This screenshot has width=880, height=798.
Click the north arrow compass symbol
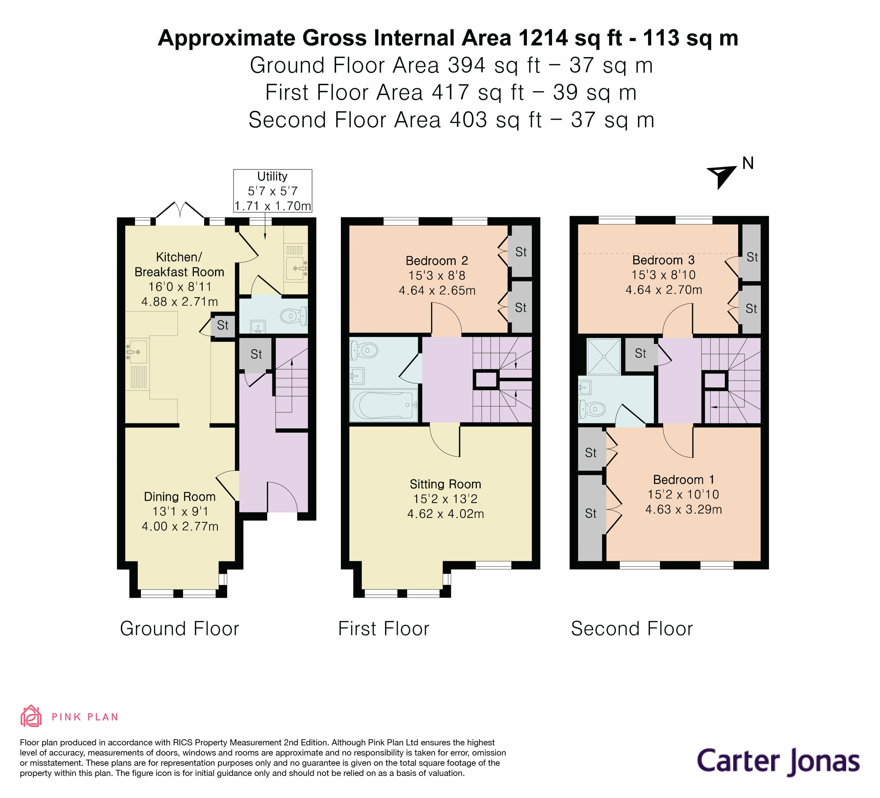pos(722,176)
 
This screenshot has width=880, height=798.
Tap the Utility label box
pos(272,191)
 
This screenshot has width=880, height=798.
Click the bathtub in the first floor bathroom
pos(383,405)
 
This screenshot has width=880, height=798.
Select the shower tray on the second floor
pos(604,356)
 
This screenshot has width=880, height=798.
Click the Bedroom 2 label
pos(437,260)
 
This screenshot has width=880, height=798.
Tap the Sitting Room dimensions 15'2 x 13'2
pos(445,498)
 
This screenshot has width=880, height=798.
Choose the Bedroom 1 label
pos(683,479)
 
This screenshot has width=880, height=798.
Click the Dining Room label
pos(179,496)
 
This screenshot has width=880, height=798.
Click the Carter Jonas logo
pos(778,762)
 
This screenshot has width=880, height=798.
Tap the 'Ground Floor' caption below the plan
pos(179,629)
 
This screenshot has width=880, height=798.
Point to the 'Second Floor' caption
pos(631,629)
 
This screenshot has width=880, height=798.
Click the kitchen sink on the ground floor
pos(137,352)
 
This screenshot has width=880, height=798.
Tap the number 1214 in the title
pos(543,38)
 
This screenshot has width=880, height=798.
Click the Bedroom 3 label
pos(663,260)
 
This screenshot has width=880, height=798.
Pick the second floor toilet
pos(593,409)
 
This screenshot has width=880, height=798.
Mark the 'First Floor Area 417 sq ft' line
pos(451,93)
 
